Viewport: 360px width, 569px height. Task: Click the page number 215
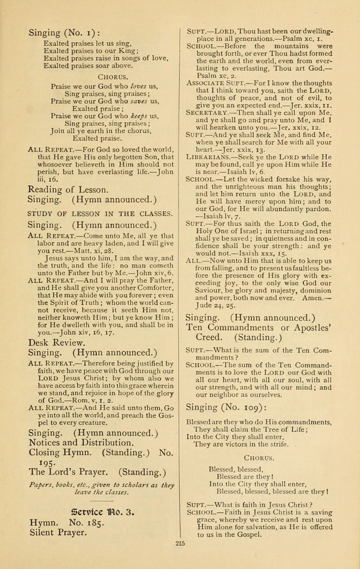point(180,544)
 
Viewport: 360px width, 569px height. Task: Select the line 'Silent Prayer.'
point(58,532)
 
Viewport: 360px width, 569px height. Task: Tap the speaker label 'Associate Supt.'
point(217,83)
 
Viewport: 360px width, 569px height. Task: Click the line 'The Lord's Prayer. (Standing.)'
point(97,471)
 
